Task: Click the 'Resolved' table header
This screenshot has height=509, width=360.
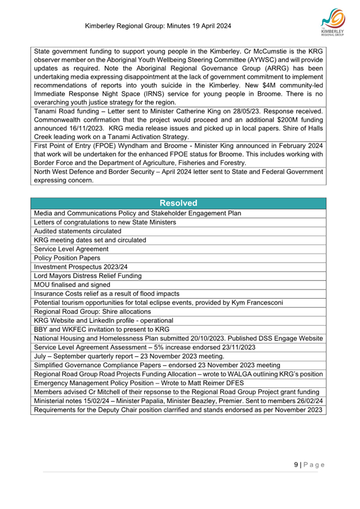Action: click(x=179, y=203)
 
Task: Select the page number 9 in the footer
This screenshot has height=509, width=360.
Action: click(x=296, y=465)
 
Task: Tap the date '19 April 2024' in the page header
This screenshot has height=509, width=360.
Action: click(x=205, y=26)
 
